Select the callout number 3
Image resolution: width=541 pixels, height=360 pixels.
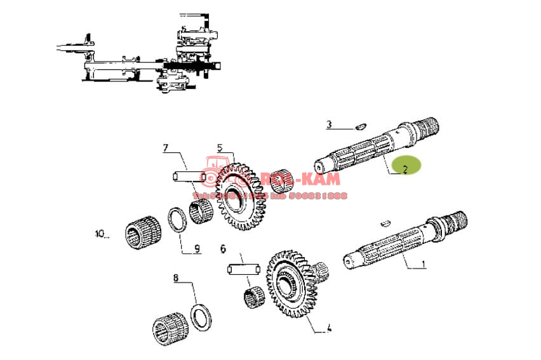(x=329, y=124)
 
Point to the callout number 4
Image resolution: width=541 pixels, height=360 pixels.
(x=329, y=328)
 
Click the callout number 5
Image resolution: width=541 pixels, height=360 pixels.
(x=220, y=149)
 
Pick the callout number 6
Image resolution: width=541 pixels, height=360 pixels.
(x=223, y=248)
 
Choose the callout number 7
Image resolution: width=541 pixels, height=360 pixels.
(x=165, y=149)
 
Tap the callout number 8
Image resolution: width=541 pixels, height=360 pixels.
(x=176, y=277)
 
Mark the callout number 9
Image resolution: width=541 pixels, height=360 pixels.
(x=197, y=249)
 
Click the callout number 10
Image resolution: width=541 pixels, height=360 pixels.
(x=100, y=234)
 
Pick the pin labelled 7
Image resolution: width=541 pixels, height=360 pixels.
(x=188, y=175)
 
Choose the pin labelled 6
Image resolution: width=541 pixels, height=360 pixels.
(x=241, y=269)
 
